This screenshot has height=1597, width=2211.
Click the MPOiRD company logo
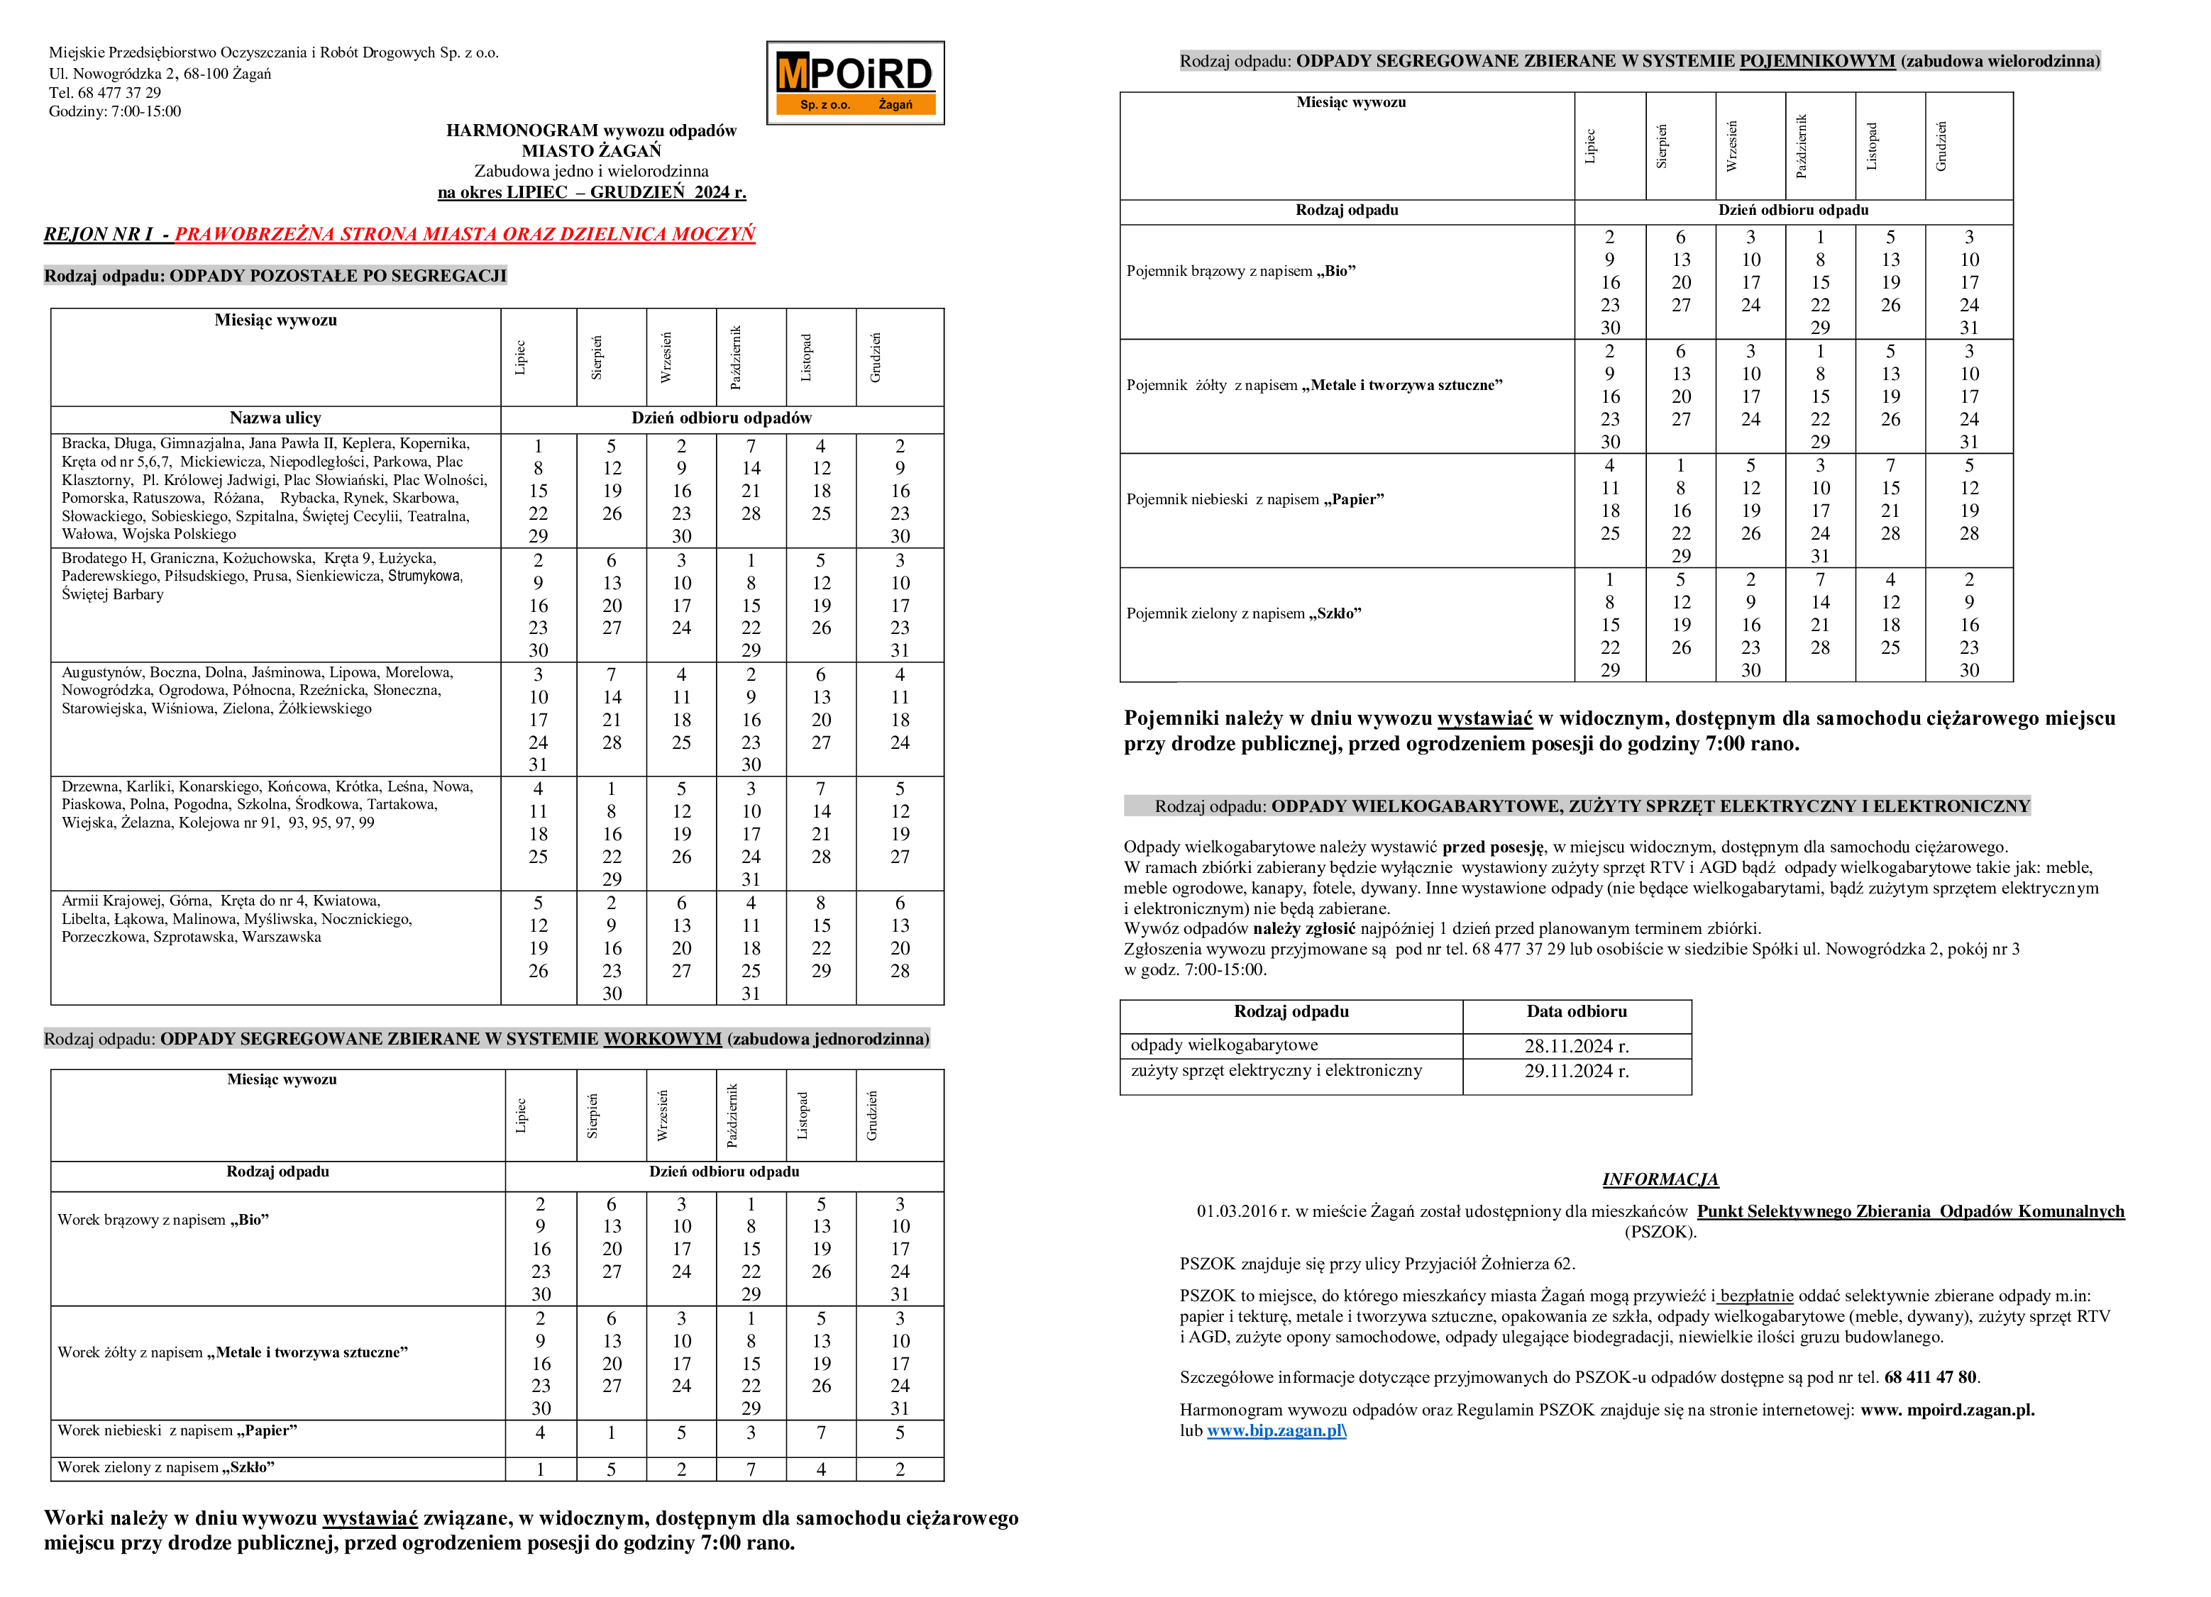855,83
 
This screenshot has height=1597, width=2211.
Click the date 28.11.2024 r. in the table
1577,1045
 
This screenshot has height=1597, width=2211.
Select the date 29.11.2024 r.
1577,1071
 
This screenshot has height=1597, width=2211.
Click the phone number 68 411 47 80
1930,1376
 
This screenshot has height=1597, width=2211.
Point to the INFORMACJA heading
1660,1179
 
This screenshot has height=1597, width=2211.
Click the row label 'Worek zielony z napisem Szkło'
166,1467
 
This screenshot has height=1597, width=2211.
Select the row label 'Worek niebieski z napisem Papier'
177,1430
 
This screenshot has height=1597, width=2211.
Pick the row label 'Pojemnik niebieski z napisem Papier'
1255,499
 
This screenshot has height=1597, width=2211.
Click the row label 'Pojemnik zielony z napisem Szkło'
1244,613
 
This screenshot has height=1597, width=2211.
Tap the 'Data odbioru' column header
1577,1011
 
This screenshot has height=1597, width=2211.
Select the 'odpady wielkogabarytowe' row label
1225,1045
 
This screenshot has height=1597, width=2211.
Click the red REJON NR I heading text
465,234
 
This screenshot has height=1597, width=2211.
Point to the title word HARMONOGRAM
522,130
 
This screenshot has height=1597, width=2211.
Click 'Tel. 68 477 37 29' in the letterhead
105,93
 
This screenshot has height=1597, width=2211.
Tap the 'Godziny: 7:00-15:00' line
115,111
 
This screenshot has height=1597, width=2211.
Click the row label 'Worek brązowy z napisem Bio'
162,1220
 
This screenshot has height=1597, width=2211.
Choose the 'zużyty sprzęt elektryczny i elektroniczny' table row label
1276,1070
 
